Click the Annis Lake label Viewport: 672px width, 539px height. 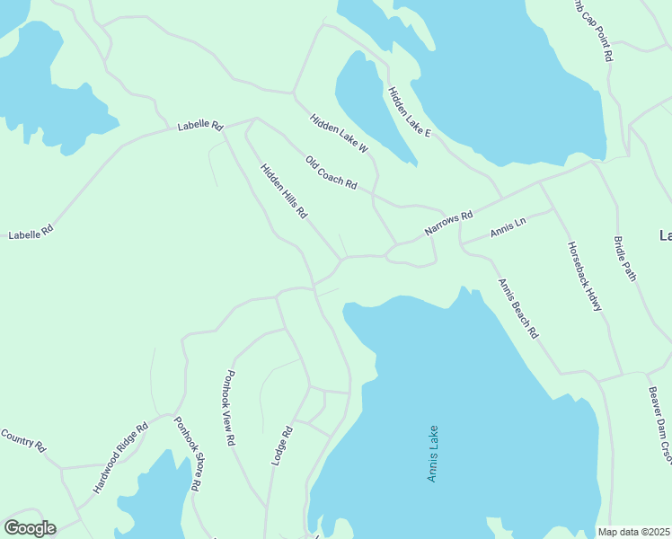pyautogui.click(x=432, y=454)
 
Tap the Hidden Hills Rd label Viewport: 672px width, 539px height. pyautogui.click(x=284, y=191)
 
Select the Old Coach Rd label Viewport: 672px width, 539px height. pyautogui.click(x=331, y=173)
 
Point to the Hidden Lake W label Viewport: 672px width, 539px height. pyautogui.click(x=339, y=132)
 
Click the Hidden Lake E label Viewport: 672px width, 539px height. pyautogui.click(x=410, y=112)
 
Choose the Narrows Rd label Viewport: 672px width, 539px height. pyautogui.click(x=448, y=225)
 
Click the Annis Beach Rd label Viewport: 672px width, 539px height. pyautogui.click(x=518, y=308)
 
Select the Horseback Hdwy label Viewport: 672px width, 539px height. pyautogui.click(x=584, y=276)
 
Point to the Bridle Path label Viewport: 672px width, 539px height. pyautogui.click(x=625, y=259)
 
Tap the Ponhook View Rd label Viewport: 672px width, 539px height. pyautogui.click(x=230, y=409)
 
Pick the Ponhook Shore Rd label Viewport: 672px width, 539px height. pyautogui.click(x=187, y=454)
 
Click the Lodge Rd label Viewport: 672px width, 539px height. pyautogui.click(x=282, y=445)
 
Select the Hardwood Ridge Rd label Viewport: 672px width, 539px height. pyautogui.click(x=119, y=459)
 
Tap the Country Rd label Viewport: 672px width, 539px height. pyautogui.click(x=22, y=439)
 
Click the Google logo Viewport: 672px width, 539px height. pyautogui.click(x=30, y=528)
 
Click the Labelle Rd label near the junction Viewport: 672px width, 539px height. pyautogui.click(x=199, y=126)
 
